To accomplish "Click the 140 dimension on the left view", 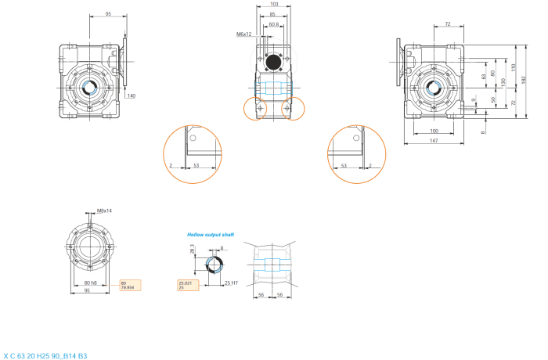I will coord(131,95).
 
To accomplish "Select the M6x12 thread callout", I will coord(244,34).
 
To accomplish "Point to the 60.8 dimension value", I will coord(273,25).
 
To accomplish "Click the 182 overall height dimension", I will coord(524,78).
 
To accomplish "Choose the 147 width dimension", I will coord(433,139).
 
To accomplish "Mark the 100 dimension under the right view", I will coord(433,131).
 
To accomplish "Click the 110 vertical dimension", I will coord(514,69).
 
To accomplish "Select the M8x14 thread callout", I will coord(104,211).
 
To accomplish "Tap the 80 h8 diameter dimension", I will coord(90,283).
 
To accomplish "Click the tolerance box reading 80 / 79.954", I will coord(130,285).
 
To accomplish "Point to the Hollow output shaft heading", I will coord(210,234).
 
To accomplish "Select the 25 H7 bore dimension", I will coord(230,283).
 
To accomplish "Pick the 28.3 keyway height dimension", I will coord(193,250).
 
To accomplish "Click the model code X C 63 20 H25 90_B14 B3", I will coord(45,356).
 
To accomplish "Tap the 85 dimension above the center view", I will coord(272,15).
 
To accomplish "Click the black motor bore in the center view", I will coord(274,62).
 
